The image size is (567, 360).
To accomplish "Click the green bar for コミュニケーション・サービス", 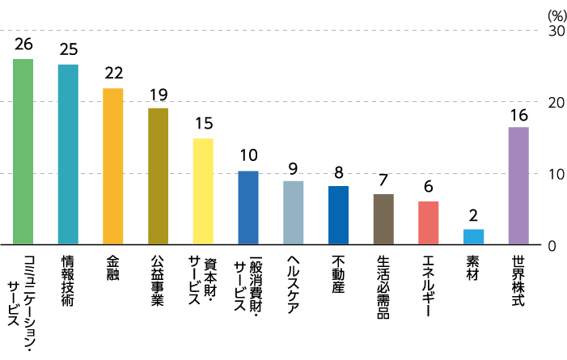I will click(23, 151).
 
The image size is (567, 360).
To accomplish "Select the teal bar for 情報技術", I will click(68, 154).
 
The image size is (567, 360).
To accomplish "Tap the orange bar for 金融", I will click(112, 166).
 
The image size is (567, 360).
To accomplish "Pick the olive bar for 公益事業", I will click(158, 176).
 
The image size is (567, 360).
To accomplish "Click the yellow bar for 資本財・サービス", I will click(203, 191).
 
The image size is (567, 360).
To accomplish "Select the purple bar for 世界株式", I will click(518, 185).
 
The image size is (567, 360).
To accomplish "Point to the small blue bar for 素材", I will click(473, 236).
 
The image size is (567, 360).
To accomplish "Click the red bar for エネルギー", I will click(428, 222).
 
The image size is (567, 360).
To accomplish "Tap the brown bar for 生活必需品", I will click(383, 218).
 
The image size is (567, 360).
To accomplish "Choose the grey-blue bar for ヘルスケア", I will click(293, 212).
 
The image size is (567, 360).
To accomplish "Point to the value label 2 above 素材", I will click(473, 216).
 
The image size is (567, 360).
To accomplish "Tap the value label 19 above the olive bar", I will click(158, 94).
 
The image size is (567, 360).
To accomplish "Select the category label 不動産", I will click(339, 275).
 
